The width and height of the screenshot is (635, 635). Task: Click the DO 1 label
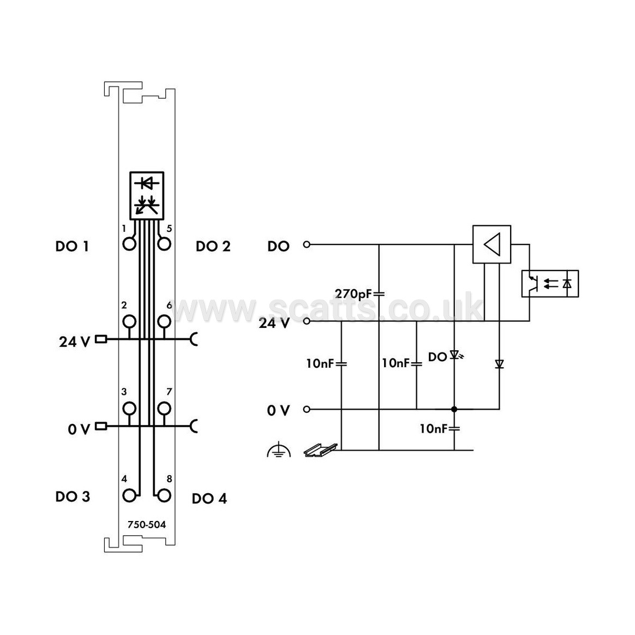[x=72, y=246]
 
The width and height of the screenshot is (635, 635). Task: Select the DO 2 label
[x=213, y=246]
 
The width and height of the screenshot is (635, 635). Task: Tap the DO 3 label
[x=73, y=496]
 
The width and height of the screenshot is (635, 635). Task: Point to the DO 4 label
[x=209, y=498]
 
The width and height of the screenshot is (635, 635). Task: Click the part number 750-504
[x=147, y=525]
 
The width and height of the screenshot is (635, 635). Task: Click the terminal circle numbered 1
[x=129, y=244]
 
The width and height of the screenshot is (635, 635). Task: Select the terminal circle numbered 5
[x=164, y=244]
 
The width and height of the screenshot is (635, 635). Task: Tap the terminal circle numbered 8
[x=164, y=495]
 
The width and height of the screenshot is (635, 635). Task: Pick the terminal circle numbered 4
[x=129, y=495]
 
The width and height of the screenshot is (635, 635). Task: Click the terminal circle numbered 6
[x=164, y=321]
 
